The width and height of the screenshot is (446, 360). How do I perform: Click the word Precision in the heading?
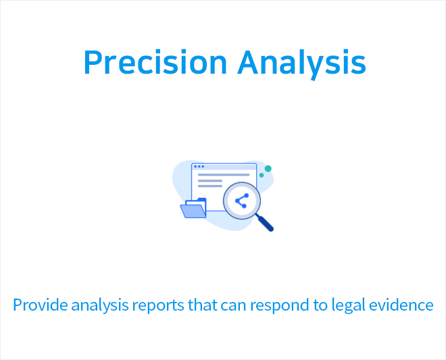155,62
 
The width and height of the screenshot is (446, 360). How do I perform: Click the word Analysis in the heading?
301,64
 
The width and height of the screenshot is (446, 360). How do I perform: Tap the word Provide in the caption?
41,305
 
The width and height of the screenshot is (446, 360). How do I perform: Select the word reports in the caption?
158,306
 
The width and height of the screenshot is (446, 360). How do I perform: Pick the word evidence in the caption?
401,305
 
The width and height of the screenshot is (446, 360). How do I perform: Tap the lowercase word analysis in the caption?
100,306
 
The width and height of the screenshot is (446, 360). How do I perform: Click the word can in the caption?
234,307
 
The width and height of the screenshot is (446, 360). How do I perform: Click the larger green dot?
268,169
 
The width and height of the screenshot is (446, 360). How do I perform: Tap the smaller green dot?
262,175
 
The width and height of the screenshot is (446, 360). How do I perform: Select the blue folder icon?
193,208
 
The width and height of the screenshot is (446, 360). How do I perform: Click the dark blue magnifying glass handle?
265,223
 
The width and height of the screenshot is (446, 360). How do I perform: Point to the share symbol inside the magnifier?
242,201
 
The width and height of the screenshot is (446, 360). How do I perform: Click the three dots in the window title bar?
199,166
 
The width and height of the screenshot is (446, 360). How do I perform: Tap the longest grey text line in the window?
224,175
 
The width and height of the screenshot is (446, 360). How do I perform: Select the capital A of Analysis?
249,62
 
